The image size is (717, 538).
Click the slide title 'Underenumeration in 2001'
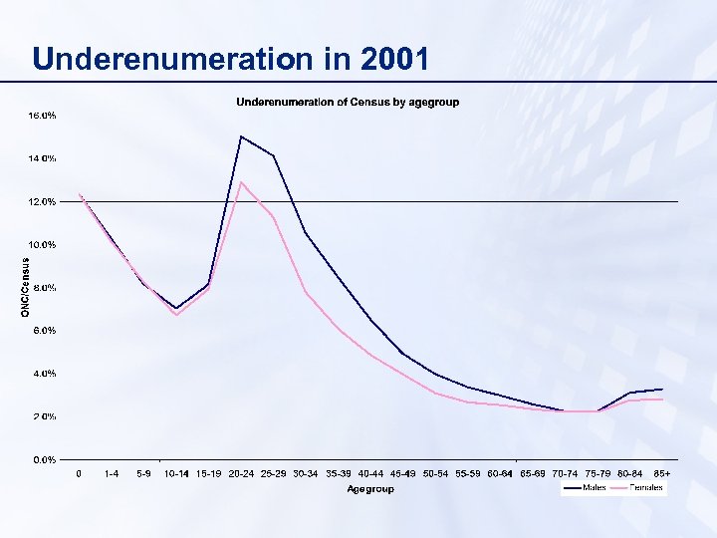(x=231, y=59)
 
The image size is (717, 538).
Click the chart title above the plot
(x=348, y=103)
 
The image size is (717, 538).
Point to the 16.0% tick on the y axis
(x=42, y=116)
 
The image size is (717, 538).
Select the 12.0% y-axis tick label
(x=42, y=201)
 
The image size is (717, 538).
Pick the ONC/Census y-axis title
(x=26, y=288)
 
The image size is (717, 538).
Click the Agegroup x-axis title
(x=370, y=489)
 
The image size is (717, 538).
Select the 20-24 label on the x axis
(x=241, y=473)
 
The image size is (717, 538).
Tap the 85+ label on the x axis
(x=662, y=473)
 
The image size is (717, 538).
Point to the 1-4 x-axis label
(x=112, y=473)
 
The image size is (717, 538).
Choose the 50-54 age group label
(x=435, y=473)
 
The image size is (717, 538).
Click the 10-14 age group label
(x=176, y=473)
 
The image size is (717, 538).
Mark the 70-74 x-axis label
(x=565, y=473)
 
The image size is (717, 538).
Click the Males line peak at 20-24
(x=241, y=135)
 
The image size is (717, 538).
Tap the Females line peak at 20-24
(x=241, y=181)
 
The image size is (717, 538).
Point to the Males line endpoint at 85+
(x=662, y=389)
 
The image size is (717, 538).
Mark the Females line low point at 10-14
(x=176, y=315)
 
